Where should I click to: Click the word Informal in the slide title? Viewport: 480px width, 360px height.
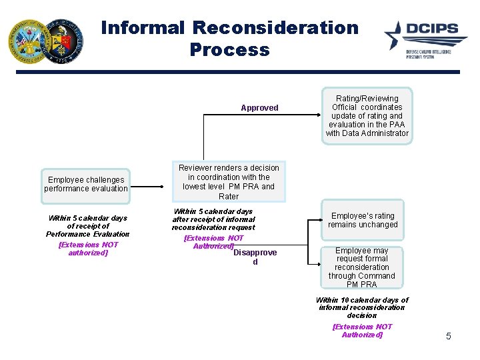point(143,28)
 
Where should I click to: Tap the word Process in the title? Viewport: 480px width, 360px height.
point(229,50)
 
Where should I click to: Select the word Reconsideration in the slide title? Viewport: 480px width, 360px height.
point(276,28)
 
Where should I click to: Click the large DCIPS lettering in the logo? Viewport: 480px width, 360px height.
point(433,30)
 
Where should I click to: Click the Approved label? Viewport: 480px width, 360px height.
point(259,108)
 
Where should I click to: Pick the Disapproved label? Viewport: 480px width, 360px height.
point(255,257)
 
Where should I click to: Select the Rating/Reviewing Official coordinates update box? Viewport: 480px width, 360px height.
point(367,116)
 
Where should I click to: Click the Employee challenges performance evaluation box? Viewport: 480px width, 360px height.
point(86,185)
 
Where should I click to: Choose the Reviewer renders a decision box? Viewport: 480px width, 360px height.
point(229,182)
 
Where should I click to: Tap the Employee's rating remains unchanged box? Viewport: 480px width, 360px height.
point(363,220)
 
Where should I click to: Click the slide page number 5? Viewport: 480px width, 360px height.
point(448,336)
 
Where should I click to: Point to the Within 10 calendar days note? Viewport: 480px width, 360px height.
point(362,307)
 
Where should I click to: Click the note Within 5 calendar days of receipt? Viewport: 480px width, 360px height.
point(87,226)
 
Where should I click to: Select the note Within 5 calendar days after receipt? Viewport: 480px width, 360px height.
point(213,219)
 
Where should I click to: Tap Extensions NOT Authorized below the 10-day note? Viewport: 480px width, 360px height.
point(362,331)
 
